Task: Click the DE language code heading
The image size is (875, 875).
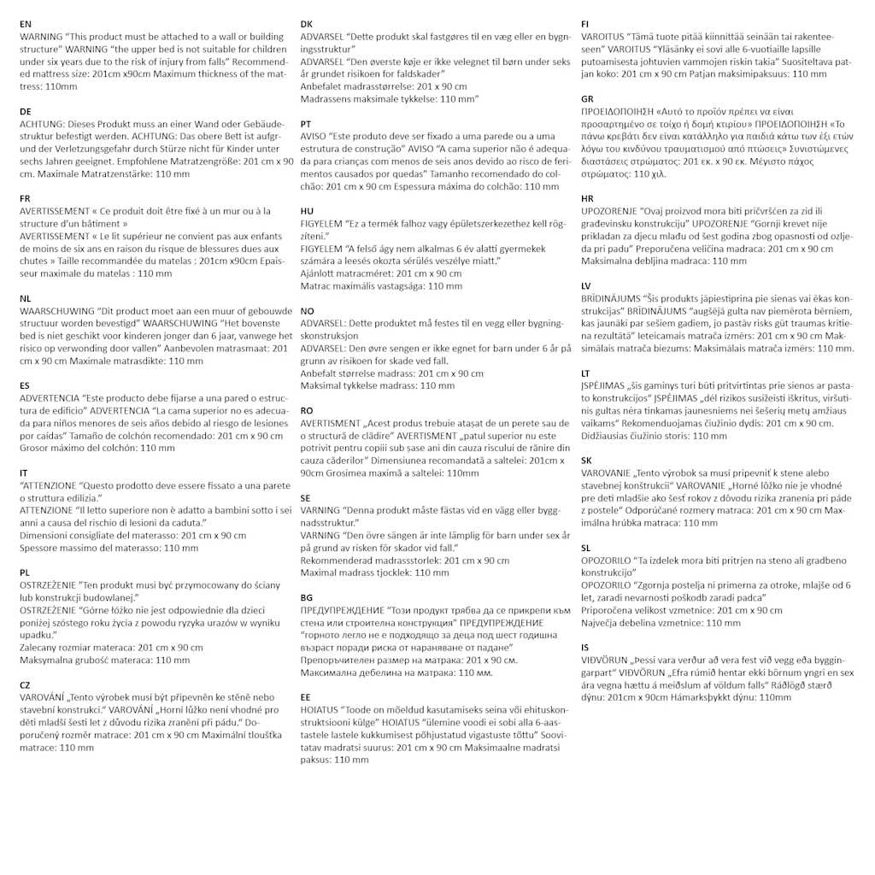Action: [26, 112]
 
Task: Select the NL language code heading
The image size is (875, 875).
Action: [25, 298]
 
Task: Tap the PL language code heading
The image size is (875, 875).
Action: [25, 573]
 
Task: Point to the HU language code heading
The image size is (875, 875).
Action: [307, 211]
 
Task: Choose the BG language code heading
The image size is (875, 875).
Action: [307, 597]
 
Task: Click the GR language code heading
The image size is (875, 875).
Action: [587, 99]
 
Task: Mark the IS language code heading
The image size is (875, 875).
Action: [585, 648]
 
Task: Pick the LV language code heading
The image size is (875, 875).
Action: [586, 285]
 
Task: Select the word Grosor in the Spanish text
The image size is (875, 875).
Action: [35, 448]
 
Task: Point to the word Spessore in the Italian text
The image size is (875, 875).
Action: [41, 548]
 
